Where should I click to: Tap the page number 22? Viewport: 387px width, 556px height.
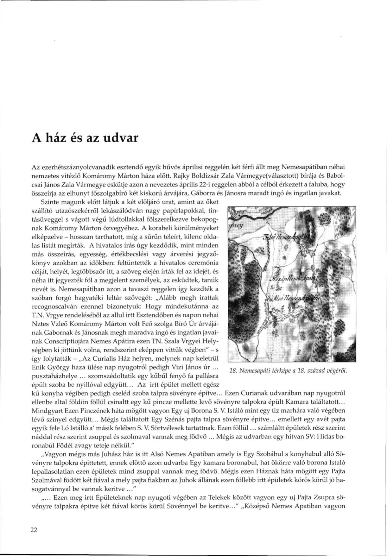click(x=34, y=531)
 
